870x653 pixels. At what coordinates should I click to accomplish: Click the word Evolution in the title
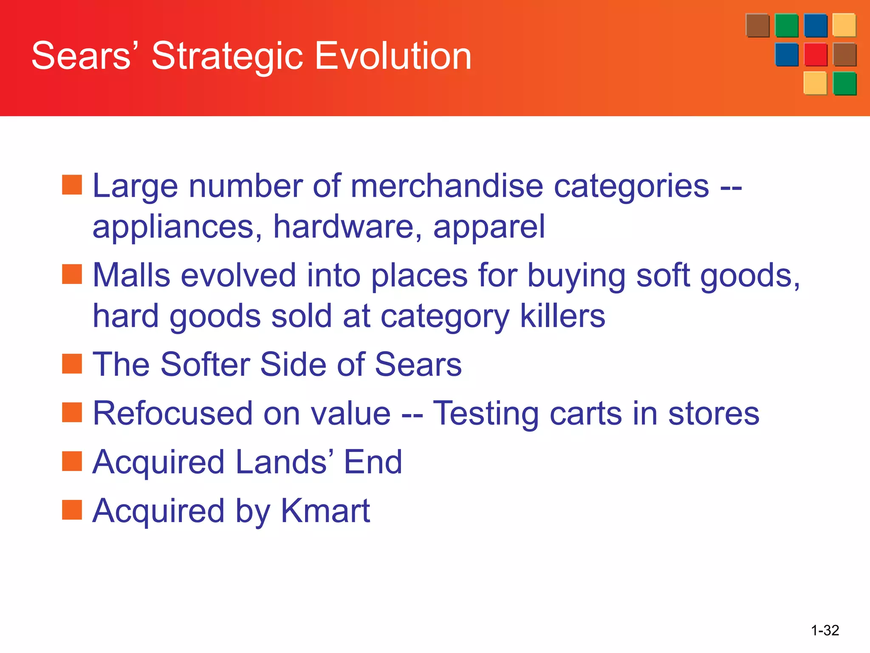coord(393,56)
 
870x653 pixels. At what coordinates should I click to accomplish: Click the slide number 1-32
coord(825,630)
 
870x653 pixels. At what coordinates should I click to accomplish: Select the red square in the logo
coord(816,54)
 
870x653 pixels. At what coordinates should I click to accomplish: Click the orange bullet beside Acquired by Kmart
coord(72,510)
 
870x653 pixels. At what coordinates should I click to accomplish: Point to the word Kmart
coord(325,511)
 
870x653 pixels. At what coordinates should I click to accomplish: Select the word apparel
coord(489,227)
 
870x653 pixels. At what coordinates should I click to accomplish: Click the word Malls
coord(132,275)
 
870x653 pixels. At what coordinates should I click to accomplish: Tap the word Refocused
coord(172,413)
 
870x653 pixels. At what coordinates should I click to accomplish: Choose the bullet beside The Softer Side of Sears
coord(72,363)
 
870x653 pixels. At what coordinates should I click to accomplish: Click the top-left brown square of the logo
coord(757,26)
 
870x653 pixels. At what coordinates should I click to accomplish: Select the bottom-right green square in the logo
coord(845,83)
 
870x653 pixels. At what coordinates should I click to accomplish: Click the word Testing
coord(486,414)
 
